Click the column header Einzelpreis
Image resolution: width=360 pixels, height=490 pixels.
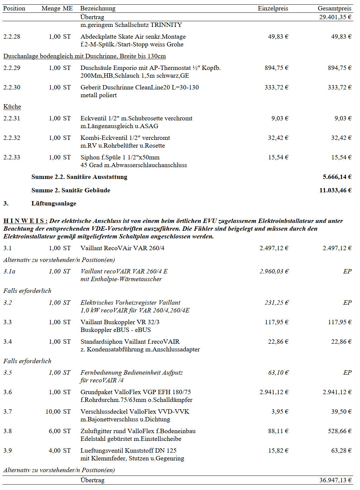click(273, 8)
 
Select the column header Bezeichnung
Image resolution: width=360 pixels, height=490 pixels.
click(98, 8)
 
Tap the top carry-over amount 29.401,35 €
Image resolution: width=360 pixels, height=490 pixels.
click(335, 17)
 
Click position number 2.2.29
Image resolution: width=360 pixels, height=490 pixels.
click(12, 68)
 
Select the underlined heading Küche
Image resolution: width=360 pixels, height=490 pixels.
click(12, 107)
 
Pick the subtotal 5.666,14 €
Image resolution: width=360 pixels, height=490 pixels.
click(337, 177)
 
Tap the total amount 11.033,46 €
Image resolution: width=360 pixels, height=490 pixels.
click(335, 190)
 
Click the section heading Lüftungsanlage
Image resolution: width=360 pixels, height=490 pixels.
click(54, 203)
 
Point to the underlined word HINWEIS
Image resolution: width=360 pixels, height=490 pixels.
click(25, 221)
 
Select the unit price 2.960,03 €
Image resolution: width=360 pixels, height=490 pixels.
click(274, 271)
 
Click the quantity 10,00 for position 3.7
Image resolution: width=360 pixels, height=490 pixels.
click(53, 412)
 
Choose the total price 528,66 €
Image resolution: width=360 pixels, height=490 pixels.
click(339, 431)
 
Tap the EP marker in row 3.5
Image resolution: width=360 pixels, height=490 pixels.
click(347, 373)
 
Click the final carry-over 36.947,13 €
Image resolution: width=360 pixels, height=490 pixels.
click(335, 480)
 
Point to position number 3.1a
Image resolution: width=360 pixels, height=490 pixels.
click(9, 271)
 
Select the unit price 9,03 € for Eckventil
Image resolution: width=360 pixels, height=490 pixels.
click(280, 118)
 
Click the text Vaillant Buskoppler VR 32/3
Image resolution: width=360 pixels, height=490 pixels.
click(120, 322)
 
